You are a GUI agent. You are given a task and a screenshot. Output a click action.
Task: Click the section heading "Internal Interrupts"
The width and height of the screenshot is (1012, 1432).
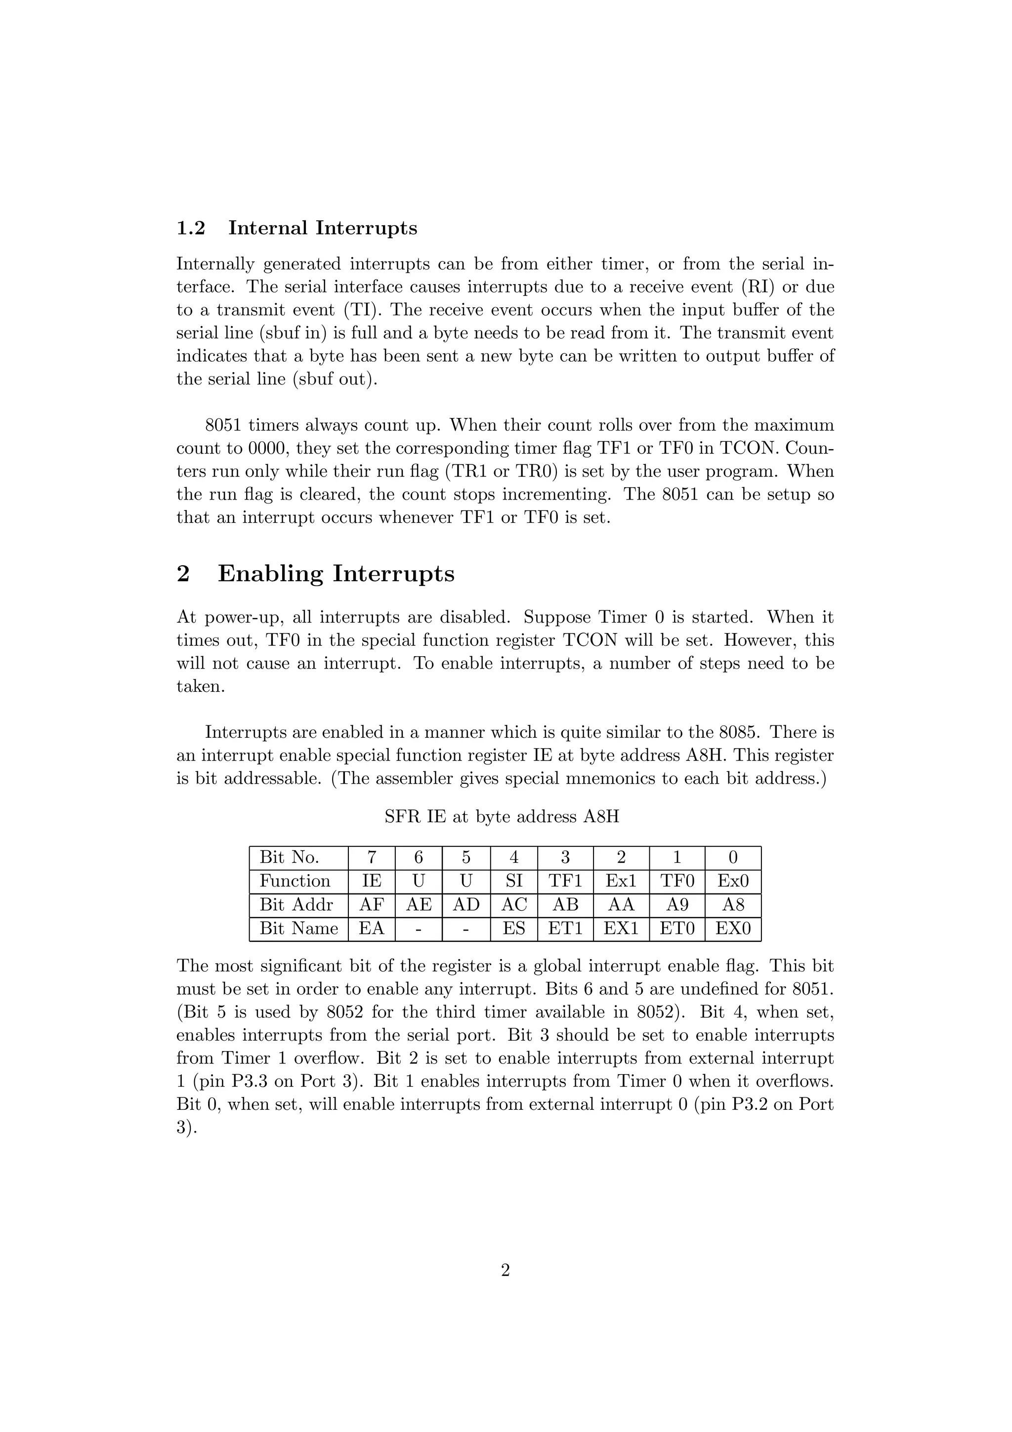(322, 228)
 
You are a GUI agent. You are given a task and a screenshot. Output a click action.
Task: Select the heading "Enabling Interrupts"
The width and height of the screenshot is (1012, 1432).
(336, 574)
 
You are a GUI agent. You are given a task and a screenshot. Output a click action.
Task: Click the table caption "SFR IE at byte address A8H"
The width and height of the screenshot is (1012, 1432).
(502, 817)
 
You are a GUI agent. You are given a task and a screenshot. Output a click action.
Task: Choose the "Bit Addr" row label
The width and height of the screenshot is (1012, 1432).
(296, 905)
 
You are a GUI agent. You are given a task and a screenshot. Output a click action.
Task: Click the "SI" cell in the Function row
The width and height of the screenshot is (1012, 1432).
(514, 881)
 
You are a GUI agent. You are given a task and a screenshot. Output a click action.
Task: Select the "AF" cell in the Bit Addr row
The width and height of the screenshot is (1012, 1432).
(372, 905)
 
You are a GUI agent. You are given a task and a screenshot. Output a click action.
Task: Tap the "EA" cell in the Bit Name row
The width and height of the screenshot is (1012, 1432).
(372, 928)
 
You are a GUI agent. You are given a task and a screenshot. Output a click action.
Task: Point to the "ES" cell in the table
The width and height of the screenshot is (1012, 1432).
(514, 928)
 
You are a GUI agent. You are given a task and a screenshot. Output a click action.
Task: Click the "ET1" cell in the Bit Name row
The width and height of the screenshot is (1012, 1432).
(565, 928)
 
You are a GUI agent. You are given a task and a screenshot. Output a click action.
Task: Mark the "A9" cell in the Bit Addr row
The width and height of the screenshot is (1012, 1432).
(677, 905)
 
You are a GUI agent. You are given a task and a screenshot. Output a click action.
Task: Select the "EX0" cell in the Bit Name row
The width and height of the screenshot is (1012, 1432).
(733, 928)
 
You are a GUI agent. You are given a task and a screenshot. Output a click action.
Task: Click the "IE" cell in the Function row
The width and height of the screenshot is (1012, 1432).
(372, 881)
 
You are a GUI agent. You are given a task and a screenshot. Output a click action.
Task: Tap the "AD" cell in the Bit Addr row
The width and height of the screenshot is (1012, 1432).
(466, 905)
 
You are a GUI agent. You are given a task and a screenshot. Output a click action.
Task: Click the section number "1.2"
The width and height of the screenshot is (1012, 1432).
(191, 228)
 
